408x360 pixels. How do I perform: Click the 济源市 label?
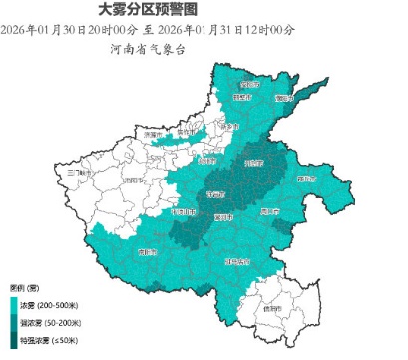click(152, 134)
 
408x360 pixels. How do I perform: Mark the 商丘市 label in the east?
click(305, 180)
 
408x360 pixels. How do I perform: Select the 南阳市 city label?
click(147, 252)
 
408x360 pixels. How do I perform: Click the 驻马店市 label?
click(237, 261)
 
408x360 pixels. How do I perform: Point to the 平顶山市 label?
click(181, 211)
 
